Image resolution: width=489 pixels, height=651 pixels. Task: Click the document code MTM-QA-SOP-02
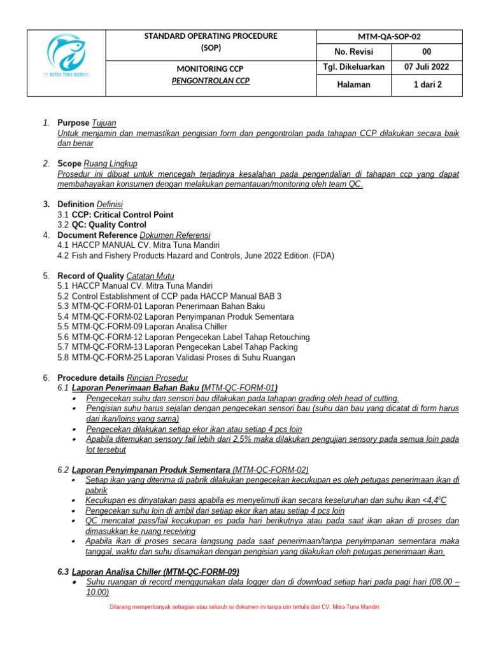pyautogui.click(x=389, y=37)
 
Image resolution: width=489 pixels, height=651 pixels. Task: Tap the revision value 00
pyautogui.click(x=426, y=52)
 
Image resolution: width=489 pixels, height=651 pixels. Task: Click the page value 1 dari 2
pyautogui.click(x=426, y=85)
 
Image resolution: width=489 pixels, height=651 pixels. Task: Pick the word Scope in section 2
pyautogui.click(x=69, y=163)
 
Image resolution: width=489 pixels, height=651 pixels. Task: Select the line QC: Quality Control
pyautogui.click(x=109, y=225)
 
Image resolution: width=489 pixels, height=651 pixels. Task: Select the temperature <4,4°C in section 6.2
pyautogui.click(x=432, y=500)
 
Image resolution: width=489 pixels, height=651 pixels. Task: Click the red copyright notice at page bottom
pyautogui.click(x=244, y=607)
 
